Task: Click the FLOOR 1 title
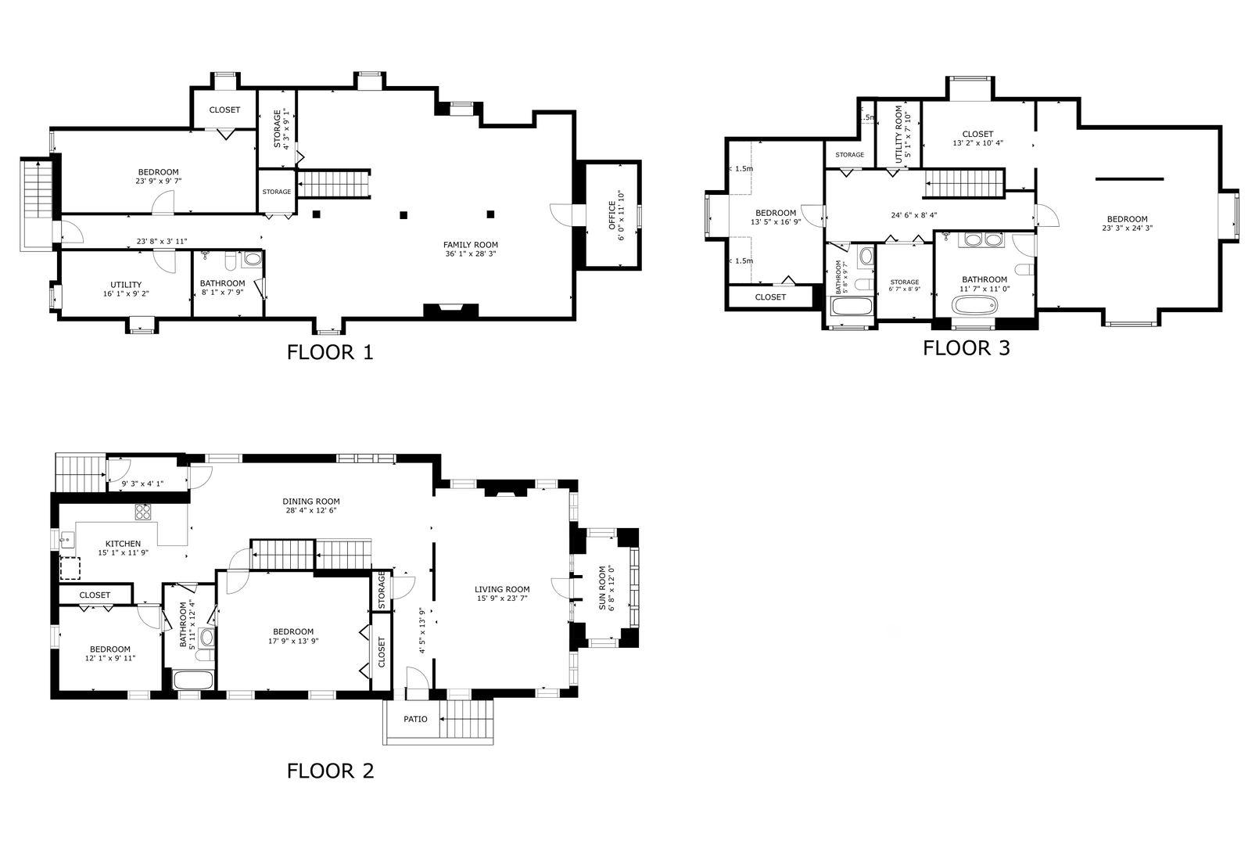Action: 330,352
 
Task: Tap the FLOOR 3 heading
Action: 966,348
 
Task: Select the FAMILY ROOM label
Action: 471,245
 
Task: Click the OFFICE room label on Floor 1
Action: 611,216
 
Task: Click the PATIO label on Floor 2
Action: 416,719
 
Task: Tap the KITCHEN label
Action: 123,544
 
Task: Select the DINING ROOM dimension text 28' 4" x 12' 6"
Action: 311,510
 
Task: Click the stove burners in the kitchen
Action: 143,512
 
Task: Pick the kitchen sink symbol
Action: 67,540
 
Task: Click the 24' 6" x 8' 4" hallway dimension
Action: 913,215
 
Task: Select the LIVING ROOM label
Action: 502,589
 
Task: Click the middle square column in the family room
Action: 403,215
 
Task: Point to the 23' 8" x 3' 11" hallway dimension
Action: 162,241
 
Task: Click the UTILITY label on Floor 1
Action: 126,284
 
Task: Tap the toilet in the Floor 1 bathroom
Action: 230,261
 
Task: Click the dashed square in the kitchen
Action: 70,569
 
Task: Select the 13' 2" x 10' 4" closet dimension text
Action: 977,142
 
